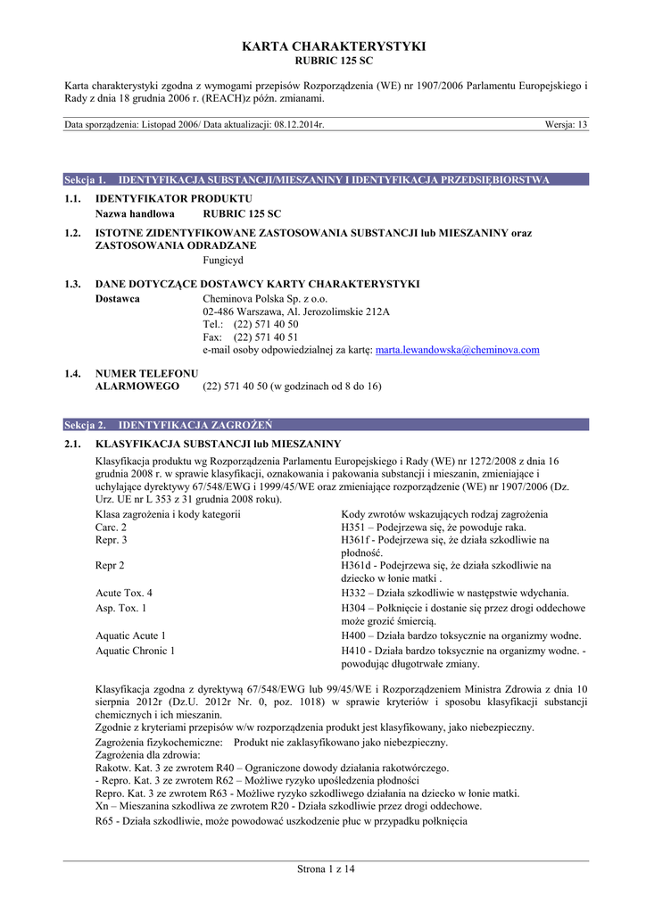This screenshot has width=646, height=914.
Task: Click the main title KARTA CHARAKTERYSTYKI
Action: (322, 46)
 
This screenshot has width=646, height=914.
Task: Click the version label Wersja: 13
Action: (566, 125)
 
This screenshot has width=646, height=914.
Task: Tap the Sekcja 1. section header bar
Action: (326, 179)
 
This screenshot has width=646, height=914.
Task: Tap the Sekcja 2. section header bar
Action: (326, 425)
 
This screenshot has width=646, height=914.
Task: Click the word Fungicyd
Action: (223, 260)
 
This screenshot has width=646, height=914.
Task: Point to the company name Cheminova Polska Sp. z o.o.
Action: (265, 298)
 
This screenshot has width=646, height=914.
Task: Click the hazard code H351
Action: (354, 528)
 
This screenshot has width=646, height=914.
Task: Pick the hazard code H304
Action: (354, 608)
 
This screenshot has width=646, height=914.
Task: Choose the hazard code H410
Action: (354, 651)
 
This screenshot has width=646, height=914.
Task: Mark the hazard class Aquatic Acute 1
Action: (130, 636)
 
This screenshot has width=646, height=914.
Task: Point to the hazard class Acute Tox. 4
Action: (124, 593)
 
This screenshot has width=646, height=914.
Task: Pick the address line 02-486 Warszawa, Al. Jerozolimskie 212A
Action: (296, 312)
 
